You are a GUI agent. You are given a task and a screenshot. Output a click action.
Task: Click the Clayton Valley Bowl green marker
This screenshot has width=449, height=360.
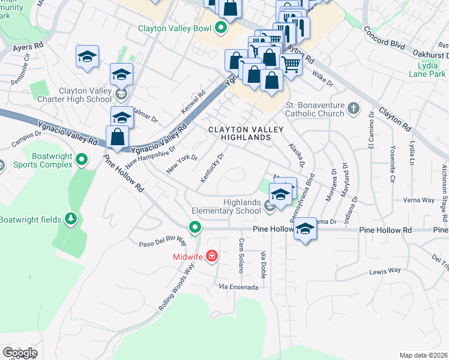(221, 28)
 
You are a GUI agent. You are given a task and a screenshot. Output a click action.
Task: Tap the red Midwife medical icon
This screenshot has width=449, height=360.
(211, 257)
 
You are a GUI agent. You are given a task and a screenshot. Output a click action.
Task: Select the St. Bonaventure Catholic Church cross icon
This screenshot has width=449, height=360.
(354, 109)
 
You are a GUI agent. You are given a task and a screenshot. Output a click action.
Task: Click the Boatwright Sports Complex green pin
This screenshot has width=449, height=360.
(83, 160)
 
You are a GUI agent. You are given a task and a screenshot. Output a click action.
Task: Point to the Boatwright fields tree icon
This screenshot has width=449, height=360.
(71, 219)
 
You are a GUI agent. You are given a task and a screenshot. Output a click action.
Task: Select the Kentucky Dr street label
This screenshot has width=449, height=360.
(212, 169)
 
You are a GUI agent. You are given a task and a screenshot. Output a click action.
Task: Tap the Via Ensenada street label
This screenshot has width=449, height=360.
(238, 287)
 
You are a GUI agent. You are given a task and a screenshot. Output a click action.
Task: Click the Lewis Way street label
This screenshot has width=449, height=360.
(385, 271)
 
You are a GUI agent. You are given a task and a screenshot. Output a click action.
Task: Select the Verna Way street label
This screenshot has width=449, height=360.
(419, 200)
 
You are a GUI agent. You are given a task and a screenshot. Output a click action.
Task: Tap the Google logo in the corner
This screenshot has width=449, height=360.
(19, 353)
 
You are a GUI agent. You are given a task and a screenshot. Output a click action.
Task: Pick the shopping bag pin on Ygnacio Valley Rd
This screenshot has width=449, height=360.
(117, 137)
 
